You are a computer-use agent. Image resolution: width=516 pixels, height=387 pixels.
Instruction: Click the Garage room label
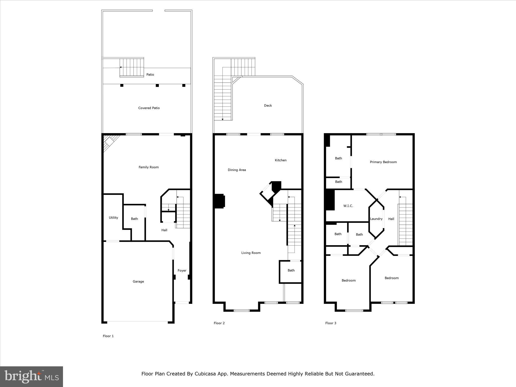coord(138,281)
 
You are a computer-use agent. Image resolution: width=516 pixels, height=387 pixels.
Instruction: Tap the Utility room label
coord(113,217)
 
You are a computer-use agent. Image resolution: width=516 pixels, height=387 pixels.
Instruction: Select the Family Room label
coord(149,167)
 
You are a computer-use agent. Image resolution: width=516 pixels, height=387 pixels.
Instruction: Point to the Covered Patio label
coord(149,108)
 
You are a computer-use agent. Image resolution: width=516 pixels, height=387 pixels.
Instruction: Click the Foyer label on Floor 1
coord(182,270)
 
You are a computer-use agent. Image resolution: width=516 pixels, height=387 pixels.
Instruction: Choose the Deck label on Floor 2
coord(268,105)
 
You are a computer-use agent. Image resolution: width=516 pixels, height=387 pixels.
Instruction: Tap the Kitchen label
coord(280,160)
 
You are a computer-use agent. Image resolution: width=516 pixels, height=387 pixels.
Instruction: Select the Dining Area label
coord(237,170)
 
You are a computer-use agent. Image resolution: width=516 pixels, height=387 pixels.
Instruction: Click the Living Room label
coord(251,253)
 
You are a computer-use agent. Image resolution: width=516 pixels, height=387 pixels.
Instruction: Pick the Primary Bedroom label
coord(383,162)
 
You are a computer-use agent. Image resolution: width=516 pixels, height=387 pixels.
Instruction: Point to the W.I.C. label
coord(348,206)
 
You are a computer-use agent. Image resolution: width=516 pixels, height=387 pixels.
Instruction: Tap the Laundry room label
coord(376,219)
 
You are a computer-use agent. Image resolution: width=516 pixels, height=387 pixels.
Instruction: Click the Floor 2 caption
coord(219,323)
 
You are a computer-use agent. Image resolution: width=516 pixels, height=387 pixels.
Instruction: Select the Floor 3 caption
coord(331,323)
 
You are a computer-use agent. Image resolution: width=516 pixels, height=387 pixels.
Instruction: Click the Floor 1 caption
coord(108,336)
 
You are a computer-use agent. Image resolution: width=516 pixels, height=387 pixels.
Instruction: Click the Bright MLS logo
coord(31,377)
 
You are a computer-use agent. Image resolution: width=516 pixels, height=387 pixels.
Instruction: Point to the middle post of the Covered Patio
coord(157,85)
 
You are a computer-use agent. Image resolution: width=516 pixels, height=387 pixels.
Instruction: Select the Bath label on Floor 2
coord(291,270)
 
